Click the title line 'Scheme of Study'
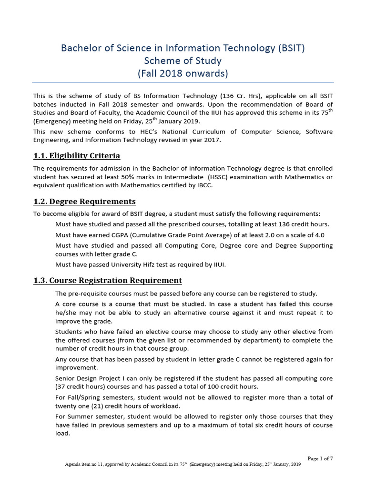click(x=183, y=61)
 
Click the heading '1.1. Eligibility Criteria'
click(x=77, y=156)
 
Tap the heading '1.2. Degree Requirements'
click(x=84, y=201)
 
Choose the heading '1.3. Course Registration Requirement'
click(x=108, y=280)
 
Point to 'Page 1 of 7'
click(x=320, y=458)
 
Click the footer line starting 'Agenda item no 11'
click(x=183, y=464)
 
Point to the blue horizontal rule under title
click(x=183, y=82)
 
